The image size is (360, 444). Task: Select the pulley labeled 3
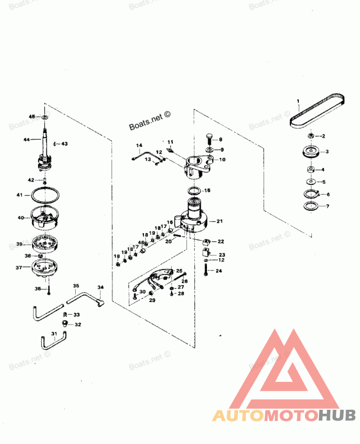coord(310,152)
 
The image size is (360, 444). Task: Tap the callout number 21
coord(220,221)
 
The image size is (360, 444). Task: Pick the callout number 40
coord(21,218)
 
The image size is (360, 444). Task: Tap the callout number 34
coord(100,287)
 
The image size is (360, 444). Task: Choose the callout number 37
coord(19,267)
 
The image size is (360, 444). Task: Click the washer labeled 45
coord(45,117)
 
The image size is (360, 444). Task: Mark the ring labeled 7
coord(310,207)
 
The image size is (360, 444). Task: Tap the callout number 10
coord(222,159)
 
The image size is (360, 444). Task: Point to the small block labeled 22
coord(207,242)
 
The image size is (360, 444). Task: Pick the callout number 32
coord(78,324)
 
